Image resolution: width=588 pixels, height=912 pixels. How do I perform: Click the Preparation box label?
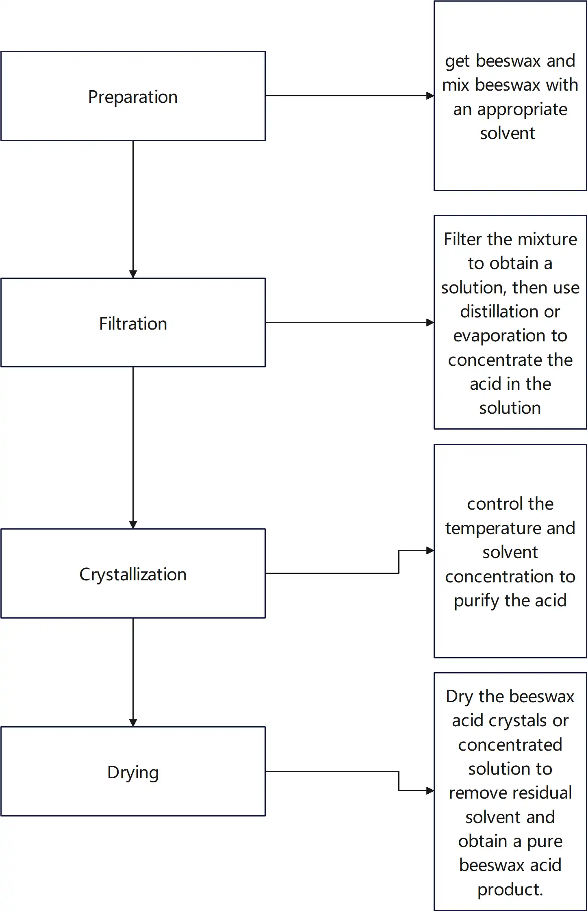pyautogui.click(x=133, y=97)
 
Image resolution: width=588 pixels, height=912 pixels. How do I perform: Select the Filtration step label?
pyautogui.click(x=133, y=324)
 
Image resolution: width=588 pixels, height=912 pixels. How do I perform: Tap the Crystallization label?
pyautogui.click(x=133, y=575)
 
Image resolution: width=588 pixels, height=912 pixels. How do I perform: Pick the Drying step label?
pyautogui.click(x=133, y=772)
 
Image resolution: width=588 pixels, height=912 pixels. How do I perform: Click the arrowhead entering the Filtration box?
pyautogui.click(x=133, y=274)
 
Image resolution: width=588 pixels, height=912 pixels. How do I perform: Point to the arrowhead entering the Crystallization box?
pyautogui.click(x=133, y=525)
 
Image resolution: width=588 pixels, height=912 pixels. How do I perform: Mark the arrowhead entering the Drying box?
pyautogui.click(x=133, y=723)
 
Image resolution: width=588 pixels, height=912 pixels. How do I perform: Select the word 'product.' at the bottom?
pyautogui.click(x=510, y=890)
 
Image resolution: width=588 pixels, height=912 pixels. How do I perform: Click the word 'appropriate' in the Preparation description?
pyautogui.click(x=522, y=110)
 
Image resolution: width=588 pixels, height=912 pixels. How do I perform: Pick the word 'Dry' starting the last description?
pyautogui.click(x=459, y=697)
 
